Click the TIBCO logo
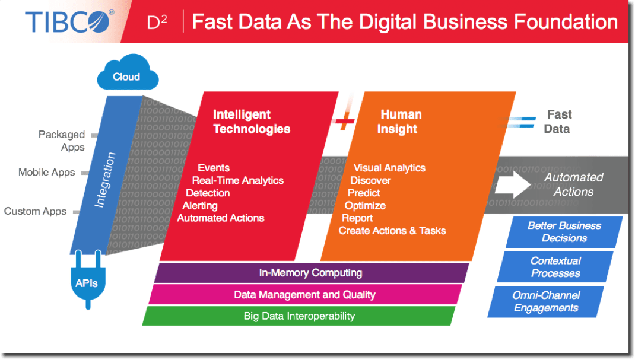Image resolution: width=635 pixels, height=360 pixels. (x=69, y=21)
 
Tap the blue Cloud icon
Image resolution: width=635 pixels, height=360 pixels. (x=128, y=72)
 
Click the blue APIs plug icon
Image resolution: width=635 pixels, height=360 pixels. (x=88, y=280)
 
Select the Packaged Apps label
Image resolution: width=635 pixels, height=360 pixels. (x=62, y=141)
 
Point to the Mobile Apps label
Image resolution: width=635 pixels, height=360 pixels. (x=46, y=173)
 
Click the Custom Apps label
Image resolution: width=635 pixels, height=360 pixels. (x=35, y=211)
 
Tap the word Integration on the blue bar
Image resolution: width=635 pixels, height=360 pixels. (x=105, y=180)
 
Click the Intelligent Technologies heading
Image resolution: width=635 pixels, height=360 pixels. (x=252, y=122)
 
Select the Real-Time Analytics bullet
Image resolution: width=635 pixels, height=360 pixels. (x=238, y=180)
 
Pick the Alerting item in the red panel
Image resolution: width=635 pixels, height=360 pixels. (x=200, y=205)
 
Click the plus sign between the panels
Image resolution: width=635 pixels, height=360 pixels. (x=345, y=120)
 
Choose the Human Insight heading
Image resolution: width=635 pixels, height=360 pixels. (x=399, y=122)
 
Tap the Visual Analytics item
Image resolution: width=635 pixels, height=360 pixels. (x=389, y=168)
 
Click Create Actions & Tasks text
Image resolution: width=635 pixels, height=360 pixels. (x=392, y=231)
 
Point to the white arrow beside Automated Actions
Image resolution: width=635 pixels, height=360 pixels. (x=513, y=184)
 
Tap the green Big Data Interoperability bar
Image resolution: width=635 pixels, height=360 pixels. (x=299, y=316)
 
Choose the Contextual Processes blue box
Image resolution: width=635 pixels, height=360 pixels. (x=555, y=267)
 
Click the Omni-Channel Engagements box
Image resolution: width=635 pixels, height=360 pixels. (x=546, y=302)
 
